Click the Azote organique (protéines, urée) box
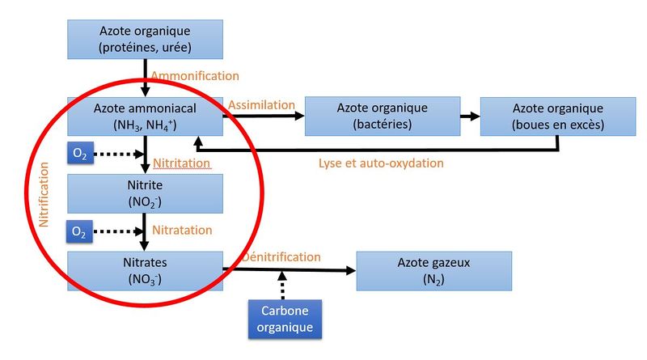pos(146,39)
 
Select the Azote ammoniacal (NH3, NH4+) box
pos(146,116)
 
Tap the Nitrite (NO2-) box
pos(146,193)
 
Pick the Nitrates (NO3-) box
pos(146,271)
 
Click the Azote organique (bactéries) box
pos(383,116)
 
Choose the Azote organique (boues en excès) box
pos(558,116)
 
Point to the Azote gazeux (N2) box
pos(434,271)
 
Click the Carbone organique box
pos(285,319)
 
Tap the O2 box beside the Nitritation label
pos(80,153)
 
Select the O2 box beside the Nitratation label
pos(79,231)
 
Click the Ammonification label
pos(195,76)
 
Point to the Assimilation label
pos(261,105)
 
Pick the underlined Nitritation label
pos(181,163)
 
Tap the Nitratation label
pos(182,230)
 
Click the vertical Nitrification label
pos(44,194)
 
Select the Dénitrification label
pos(281,256)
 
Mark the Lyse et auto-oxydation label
pos(381,163)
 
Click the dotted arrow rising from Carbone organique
pos(282,285)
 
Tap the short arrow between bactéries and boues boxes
pos(471,116)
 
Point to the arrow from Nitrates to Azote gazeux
pos(290,270)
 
